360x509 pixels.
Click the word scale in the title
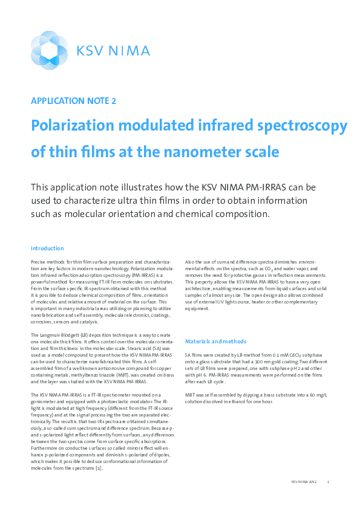click(x=261, y=151)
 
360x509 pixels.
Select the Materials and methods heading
click(x=215, y=342)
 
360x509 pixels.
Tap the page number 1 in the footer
click(x=328, y=482)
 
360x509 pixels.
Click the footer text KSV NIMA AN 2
click(x=303, y=482)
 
